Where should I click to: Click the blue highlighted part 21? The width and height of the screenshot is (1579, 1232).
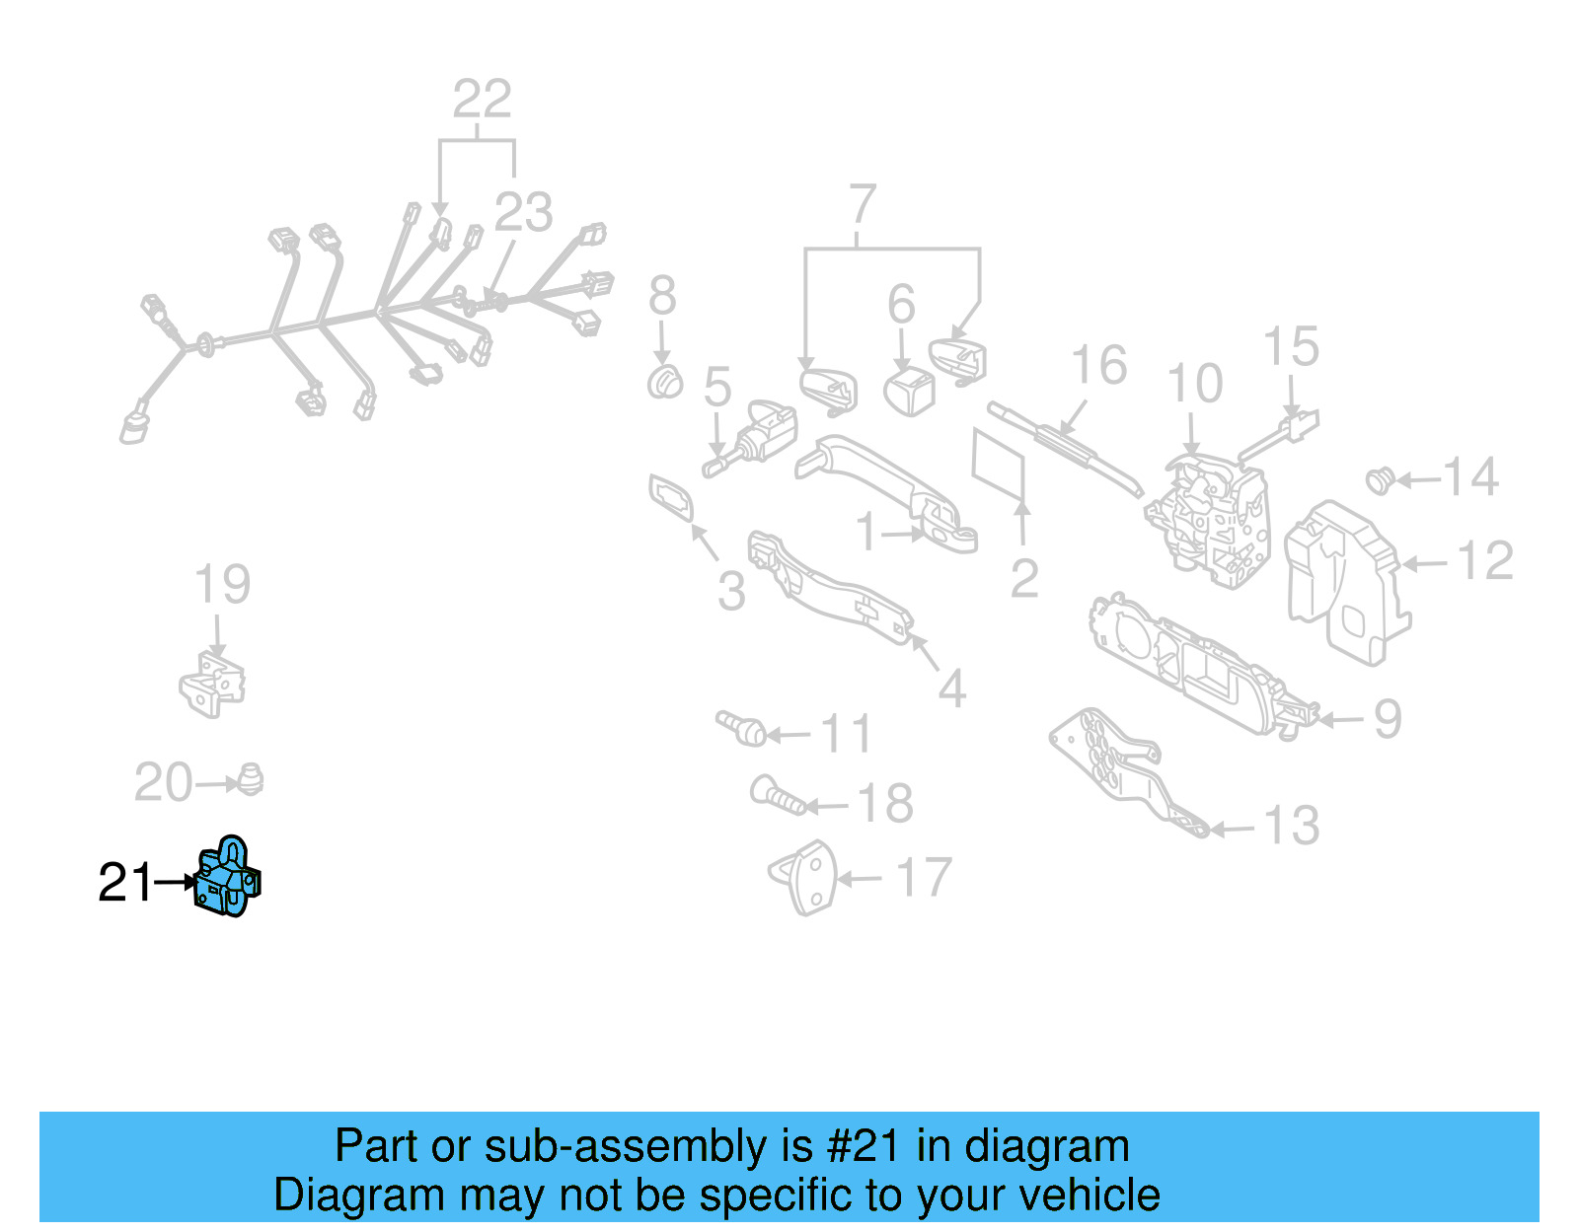pos(228,878)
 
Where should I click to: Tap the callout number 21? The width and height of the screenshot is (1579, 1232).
pos(125,883)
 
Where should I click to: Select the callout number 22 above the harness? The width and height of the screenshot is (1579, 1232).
pos(482,99)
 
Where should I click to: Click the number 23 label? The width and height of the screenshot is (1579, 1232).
pos(523,212)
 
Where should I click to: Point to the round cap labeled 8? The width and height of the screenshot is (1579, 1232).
pos(665,382)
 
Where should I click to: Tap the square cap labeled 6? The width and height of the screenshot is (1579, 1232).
pos(910,391)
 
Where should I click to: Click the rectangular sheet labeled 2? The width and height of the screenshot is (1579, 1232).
pos(1000,464)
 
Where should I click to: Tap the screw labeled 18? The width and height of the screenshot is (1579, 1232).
pos(779,795)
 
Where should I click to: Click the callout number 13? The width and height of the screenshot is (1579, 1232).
pos(1291,826)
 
